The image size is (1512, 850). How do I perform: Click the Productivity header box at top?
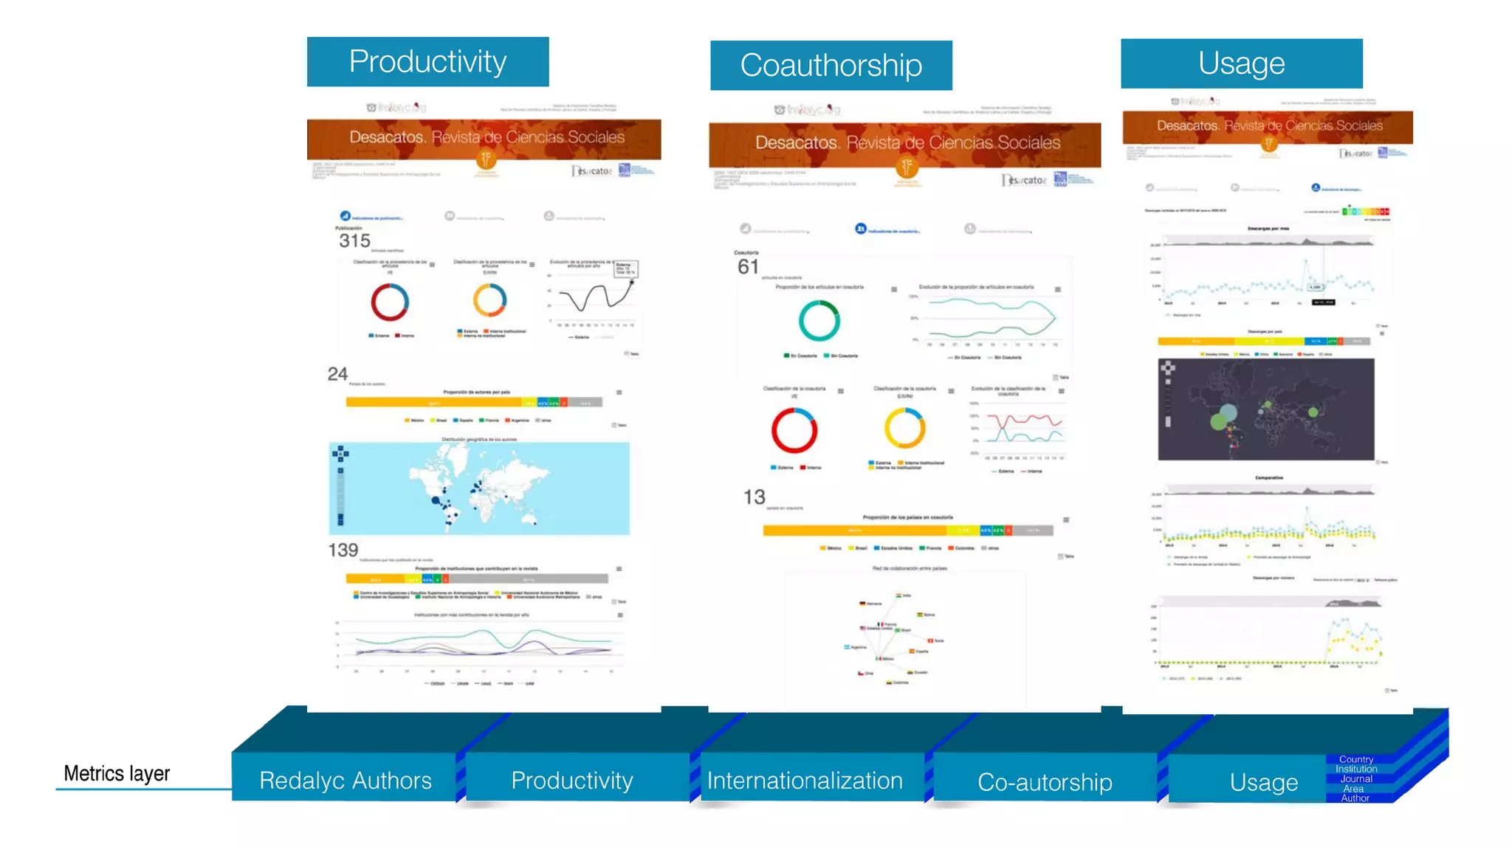pyautogui.click(x=427, y=62)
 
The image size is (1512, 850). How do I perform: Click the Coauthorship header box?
pyautogui.click(x=831, y=66)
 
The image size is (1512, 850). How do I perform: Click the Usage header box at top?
pyautogui.click(x=1241, y=63)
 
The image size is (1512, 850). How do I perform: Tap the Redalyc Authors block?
pyautogui.click(x=345, y=780)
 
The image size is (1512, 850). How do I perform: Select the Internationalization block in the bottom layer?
pyautogui.click(x=805, y=780)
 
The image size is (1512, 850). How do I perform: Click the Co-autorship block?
pyautogui.click(x=1044, y=781)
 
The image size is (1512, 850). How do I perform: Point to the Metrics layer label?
pyautogui.click(x=117, y=773)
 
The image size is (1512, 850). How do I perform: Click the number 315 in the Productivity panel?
pyautogui.click(x=354, y=241)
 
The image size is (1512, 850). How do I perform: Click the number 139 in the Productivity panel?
pyautogui.click(x=343, y=550)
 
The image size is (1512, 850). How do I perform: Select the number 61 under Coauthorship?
pyautogui.click(x=748, y=266)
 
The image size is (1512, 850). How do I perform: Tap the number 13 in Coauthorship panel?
pyautogui.click(x=754, y=497)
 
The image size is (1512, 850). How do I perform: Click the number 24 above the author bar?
pyautogui.click(x=337, y=374)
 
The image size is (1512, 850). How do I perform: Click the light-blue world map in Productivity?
pyautogui.click(x=479, y=488)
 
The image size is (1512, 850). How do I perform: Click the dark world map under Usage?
pyautogui.click(x=1265, y=409)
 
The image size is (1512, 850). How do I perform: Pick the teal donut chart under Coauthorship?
pyautogui.click(x=819, y=320)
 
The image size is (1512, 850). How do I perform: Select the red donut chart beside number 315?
pyautogui.click(x=389, y=302)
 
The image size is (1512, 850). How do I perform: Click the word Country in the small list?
pyautogui.click(x=1355, y=759)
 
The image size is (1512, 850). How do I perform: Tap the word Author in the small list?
pyautogui.click(x=1355, y=798)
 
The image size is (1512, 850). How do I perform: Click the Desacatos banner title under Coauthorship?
pyautogui.click(x=907, y=142)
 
